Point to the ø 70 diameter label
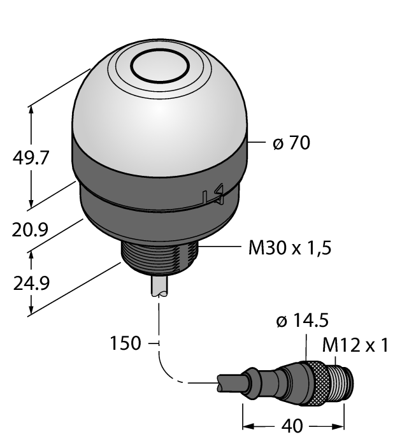pyautogui.click(x=291, y=143)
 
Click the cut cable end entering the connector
pyautogui.click(x=224, y=384)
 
